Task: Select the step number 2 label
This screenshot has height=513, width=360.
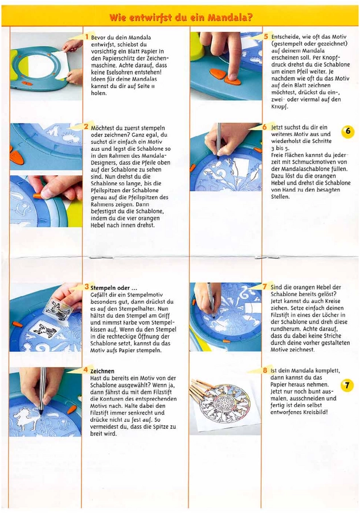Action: click(86, 126)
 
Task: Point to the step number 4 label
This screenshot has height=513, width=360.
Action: click(86, 370)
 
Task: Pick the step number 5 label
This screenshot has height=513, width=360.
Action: click(266, 36)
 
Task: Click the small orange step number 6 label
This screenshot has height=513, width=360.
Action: click(265, 126)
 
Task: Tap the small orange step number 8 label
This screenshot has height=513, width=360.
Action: click(265, 370)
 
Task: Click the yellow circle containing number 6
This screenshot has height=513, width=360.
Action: click(347, 132)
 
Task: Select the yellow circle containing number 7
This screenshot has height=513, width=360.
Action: click(346, 386)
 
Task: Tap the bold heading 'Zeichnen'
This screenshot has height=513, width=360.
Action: click(103, 370)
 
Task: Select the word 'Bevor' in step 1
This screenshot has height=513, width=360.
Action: click(100, 37)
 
